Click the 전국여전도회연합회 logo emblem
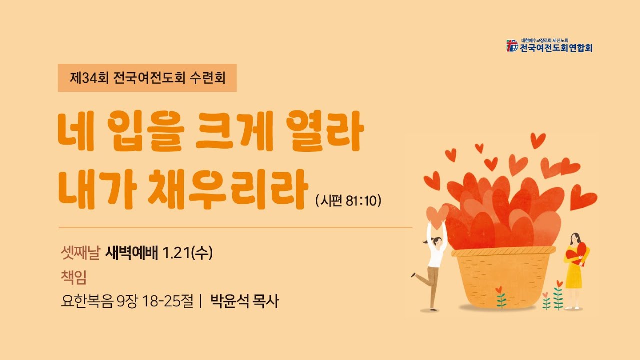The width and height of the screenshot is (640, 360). [512, 46]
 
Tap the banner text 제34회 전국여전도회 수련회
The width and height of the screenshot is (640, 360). [147, 78]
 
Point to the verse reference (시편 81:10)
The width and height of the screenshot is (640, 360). [348, 200]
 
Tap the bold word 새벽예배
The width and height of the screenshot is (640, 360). [132, 254]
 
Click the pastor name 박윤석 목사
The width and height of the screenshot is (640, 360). [244, 302]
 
